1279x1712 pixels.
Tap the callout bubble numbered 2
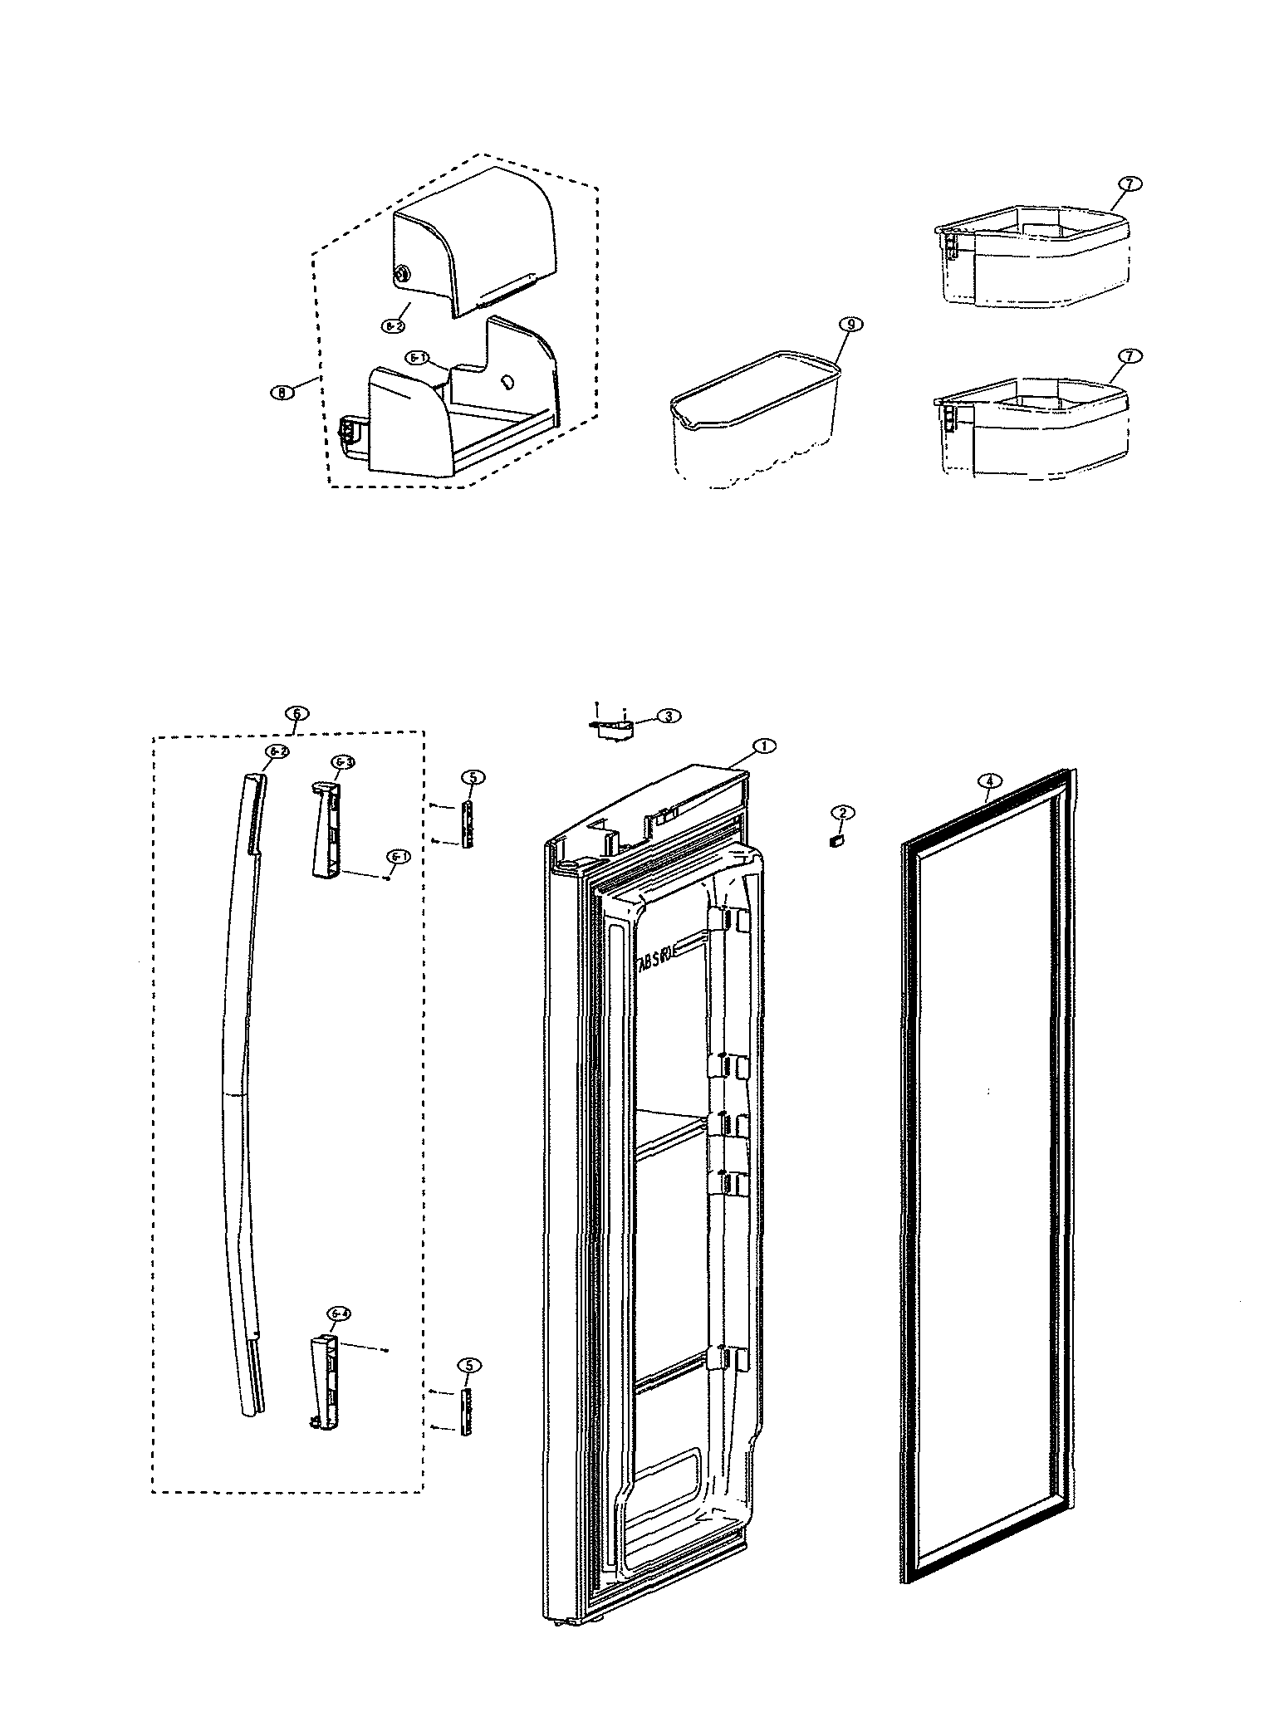tap(841, 812)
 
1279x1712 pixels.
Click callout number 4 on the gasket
tap(989, 780)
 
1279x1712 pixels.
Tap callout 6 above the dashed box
tap(296, 713)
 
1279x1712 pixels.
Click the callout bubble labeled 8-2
tap(393, 327)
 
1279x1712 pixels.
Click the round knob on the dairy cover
tap(403, 271)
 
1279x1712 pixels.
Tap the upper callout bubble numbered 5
tap(472, 777)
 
